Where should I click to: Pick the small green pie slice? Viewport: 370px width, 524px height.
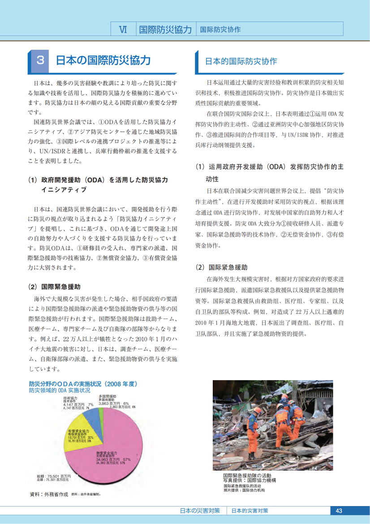(x=102, y=412)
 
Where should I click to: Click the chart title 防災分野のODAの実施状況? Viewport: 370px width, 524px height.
(x=82, y=384)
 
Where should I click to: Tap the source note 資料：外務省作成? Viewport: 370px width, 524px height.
(x=49, y=494)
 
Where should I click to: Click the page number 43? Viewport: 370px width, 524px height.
(x=339, y=511)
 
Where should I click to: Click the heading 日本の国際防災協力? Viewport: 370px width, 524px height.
(x=103, y=61)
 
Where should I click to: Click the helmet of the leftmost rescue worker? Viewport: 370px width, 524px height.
(x=257, y=410)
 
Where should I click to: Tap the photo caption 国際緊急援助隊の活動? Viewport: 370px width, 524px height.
(x=247, y=475)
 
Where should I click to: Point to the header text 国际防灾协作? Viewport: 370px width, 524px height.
(x=220, y=30)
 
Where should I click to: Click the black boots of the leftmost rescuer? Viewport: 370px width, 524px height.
(x=252, y=455)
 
